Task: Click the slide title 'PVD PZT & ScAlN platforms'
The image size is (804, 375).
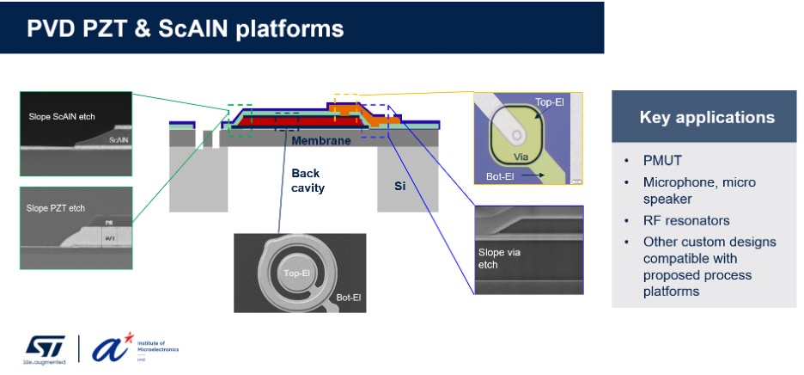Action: pos(186,28)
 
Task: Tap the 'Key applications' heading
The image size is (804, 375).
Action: pos(707,117)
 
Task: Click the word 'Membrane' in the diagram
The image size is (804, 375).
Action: pos(321,140)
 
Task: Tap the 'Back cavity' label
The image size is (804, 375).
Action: pos(308,181)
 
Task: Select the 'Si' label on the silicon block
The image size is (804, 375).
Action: pos(399,185)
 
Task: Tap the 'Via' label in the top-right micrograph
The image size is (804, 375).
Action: pos(519,157)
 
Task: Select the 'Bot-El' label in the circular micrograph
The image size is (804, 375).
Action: pos(349,298)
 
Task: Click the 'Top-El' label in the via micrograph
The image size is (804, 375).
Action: pos(551,101)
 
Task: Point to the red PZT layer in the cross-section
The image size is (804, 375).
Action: pos(275,122)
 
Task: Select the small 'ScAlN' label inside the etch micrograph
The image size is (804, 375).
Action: pos(119,138)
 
